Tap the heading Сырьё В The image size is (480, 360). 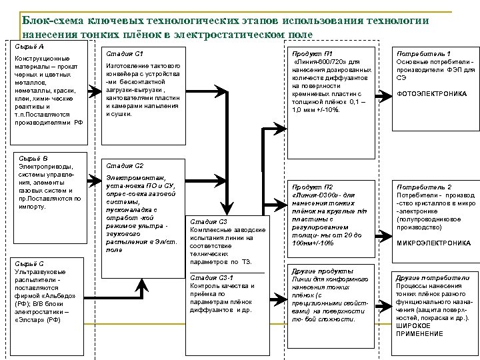[32, 157]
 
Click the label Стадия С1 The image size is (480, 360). [121, 53]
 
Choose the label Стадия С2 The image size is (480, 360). [121, 165]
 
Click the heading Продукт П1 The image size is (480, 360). [308, 53]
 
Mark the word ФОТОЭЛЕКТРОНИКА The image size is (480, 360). [432, 94]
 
